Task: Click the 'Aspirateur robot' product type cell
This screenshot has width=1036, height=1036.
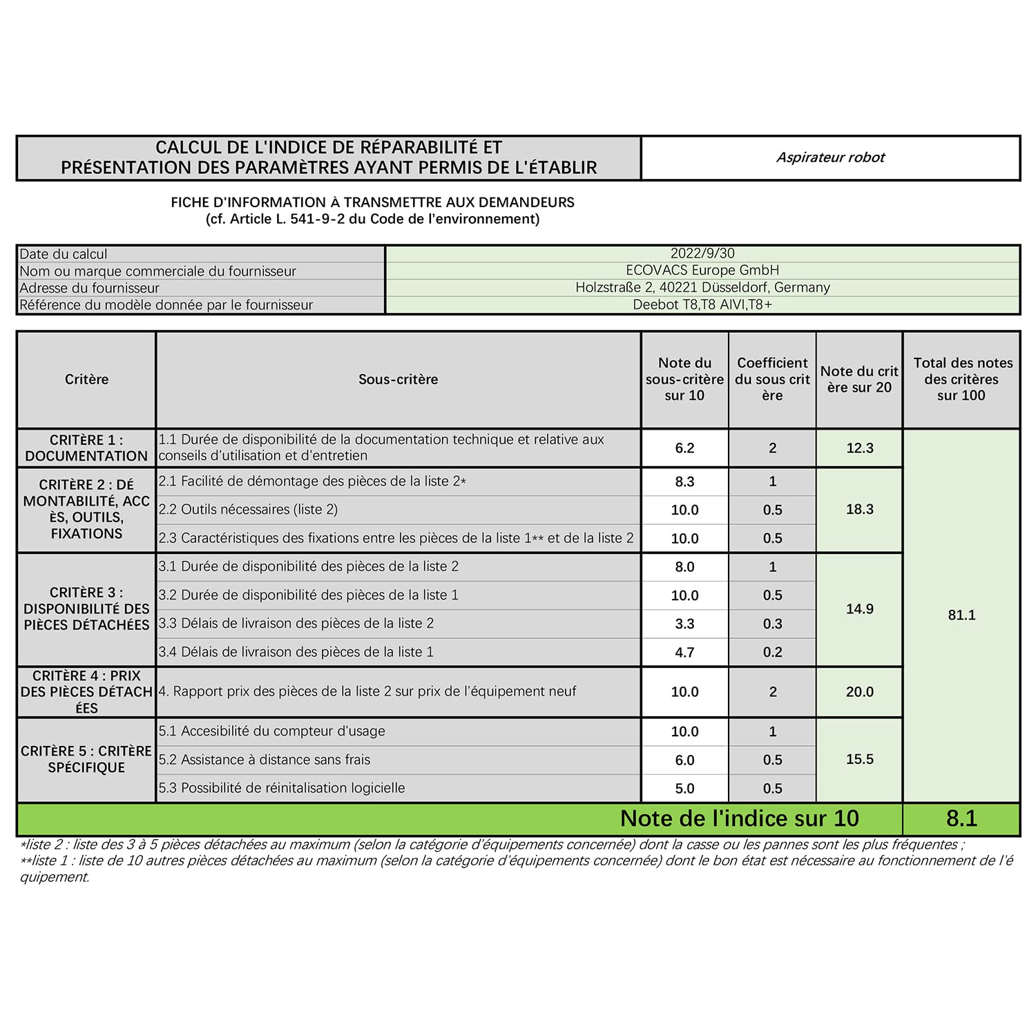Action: tap(830, 157)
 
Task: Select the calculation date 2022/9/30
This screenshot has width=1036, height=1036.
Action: tap(702, 253)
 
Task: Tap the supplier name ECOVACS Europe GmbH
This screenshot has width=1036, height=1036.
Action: tap(702, 270)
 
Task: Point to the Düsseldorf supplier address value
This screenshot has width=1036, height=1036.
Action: tap(702, 287)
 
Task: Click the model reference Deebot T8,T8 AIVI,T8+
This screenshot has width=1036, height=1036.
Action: tap(702, 305)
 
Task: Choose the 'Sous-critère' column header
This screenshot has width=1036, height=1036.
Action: tap(398, 379)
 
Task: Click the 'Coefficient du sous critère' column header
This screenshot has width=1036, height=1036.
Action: tap(772, 379)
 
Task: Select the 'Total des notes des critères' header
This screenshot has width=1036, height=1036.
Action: tap(962, 379)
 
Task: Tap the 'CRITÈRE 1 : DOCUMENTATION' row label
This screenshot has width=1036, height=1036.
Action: tap(86, 448)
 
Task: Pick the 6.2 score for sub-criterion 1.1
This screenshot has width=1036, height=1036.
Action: tap(684, 448)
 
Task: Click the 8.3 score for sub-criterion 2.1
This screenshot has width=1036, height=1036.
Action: tap(684, 481)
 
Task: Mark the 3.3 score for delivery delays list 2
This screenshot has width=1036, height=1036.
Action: tap(684, 624)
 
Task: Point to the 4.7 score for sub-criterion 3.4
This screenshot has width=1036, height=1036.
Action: tap(684, 652)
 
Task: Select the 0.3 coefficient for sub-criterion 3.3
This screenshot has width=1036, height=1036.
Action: tap(772, 624)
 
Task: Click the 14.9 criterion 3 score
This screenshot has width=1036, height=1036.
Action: tap(860, 609)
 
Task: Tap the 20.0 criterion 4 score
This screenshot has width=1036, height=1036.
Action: tap(860, 692)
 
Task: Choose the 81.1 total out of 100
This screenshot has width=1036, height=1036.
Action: tap(962, 615)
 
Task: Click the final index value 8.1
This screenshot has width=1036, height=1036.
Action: tap(962, 818)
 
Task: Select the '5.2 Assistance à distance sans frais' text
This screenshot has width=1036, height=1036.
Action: tap(265, 760)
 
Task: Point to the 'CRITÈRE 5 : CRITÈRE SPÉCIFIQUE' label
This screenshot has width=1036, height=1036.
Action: tap(86, 759)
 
